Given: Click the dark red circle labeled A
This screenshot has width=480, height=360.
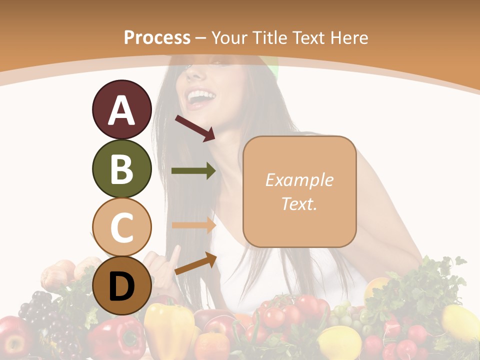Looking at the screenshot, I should (x=121, y=109).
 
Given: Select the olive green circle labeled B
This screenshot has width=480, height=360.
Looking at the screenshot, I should (x=121, y=168).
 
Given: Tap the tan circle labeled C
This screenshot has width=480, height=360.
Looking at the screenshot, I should (x=121, y=227).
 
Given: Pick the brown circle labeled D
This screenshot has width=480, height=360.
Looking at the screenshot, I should (x=121, y=285).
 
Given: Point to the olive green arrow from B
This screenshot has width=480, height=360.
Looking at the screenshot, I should (x=193, y=171).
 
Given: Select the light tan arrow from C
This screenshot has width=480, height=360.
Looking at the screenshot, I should (x=193, y=225).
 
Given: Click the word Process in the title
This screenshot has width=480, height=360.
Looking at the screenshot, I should (x=157, y=37).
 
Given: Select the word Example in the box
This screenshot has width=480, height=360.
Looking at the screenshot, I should (x=299, y=180).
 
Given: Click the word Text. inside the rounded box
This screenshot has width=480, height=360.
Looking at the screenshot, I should (x=299, y=203).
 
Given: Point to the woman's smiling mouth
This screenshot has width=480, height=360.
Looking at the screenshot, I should (x=199, y=96).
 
